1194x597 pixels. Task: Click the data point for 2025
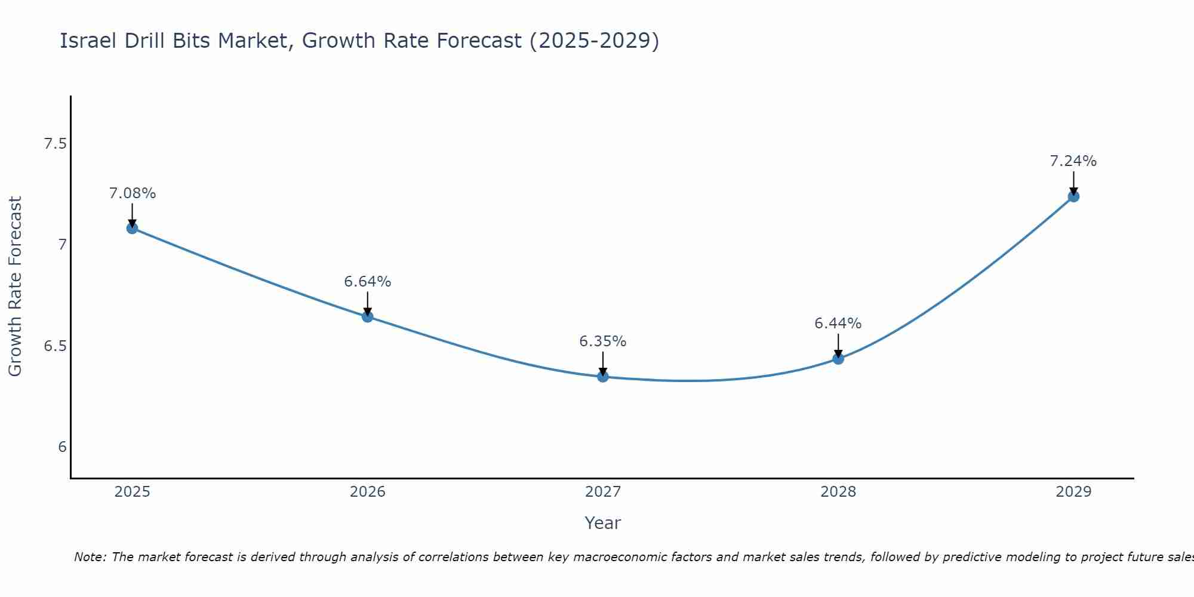[x=132, y=228]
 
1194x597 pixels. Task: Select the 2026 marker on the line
[x=368, y=316]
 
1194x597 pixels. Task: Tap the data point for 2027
[x=603, y=376]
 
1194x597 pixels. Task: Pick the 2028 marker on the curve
[x=838, y=359]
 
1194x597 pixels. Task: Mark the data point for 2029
[x=1073, y=196]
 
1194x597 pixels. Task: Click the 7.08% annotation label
[x=133, y=193]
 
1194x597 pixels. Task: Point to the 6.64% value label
[x=368, y=281]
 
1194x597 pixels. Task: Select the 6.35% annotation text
[x=603, y=341]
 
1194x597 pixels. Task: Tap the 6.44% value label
[x=838, y=324]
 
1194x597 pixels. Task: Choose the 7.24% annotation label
[x=1073, y=161]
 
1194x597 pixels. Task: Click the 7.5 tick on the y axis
[x=56, y=144]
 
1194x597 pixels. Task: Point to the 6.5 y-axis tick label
[x=56, y=346]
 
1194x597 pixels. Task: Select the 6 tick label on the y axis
[x=63, y=447]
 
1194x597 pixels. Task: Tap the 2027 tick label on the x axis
[x=603, y=492]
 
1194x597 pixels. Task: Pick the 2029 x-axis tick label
[x=1073, y=492]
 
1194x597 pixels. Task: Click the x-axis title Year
[x=603, y=523]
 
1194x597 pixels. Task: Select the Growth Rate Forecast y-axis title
[x=15, y=287]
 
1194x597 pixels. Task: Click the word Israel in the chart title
[x=88, y=41]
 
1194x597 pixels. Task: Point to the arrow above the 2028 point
[x=838, y=345]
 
